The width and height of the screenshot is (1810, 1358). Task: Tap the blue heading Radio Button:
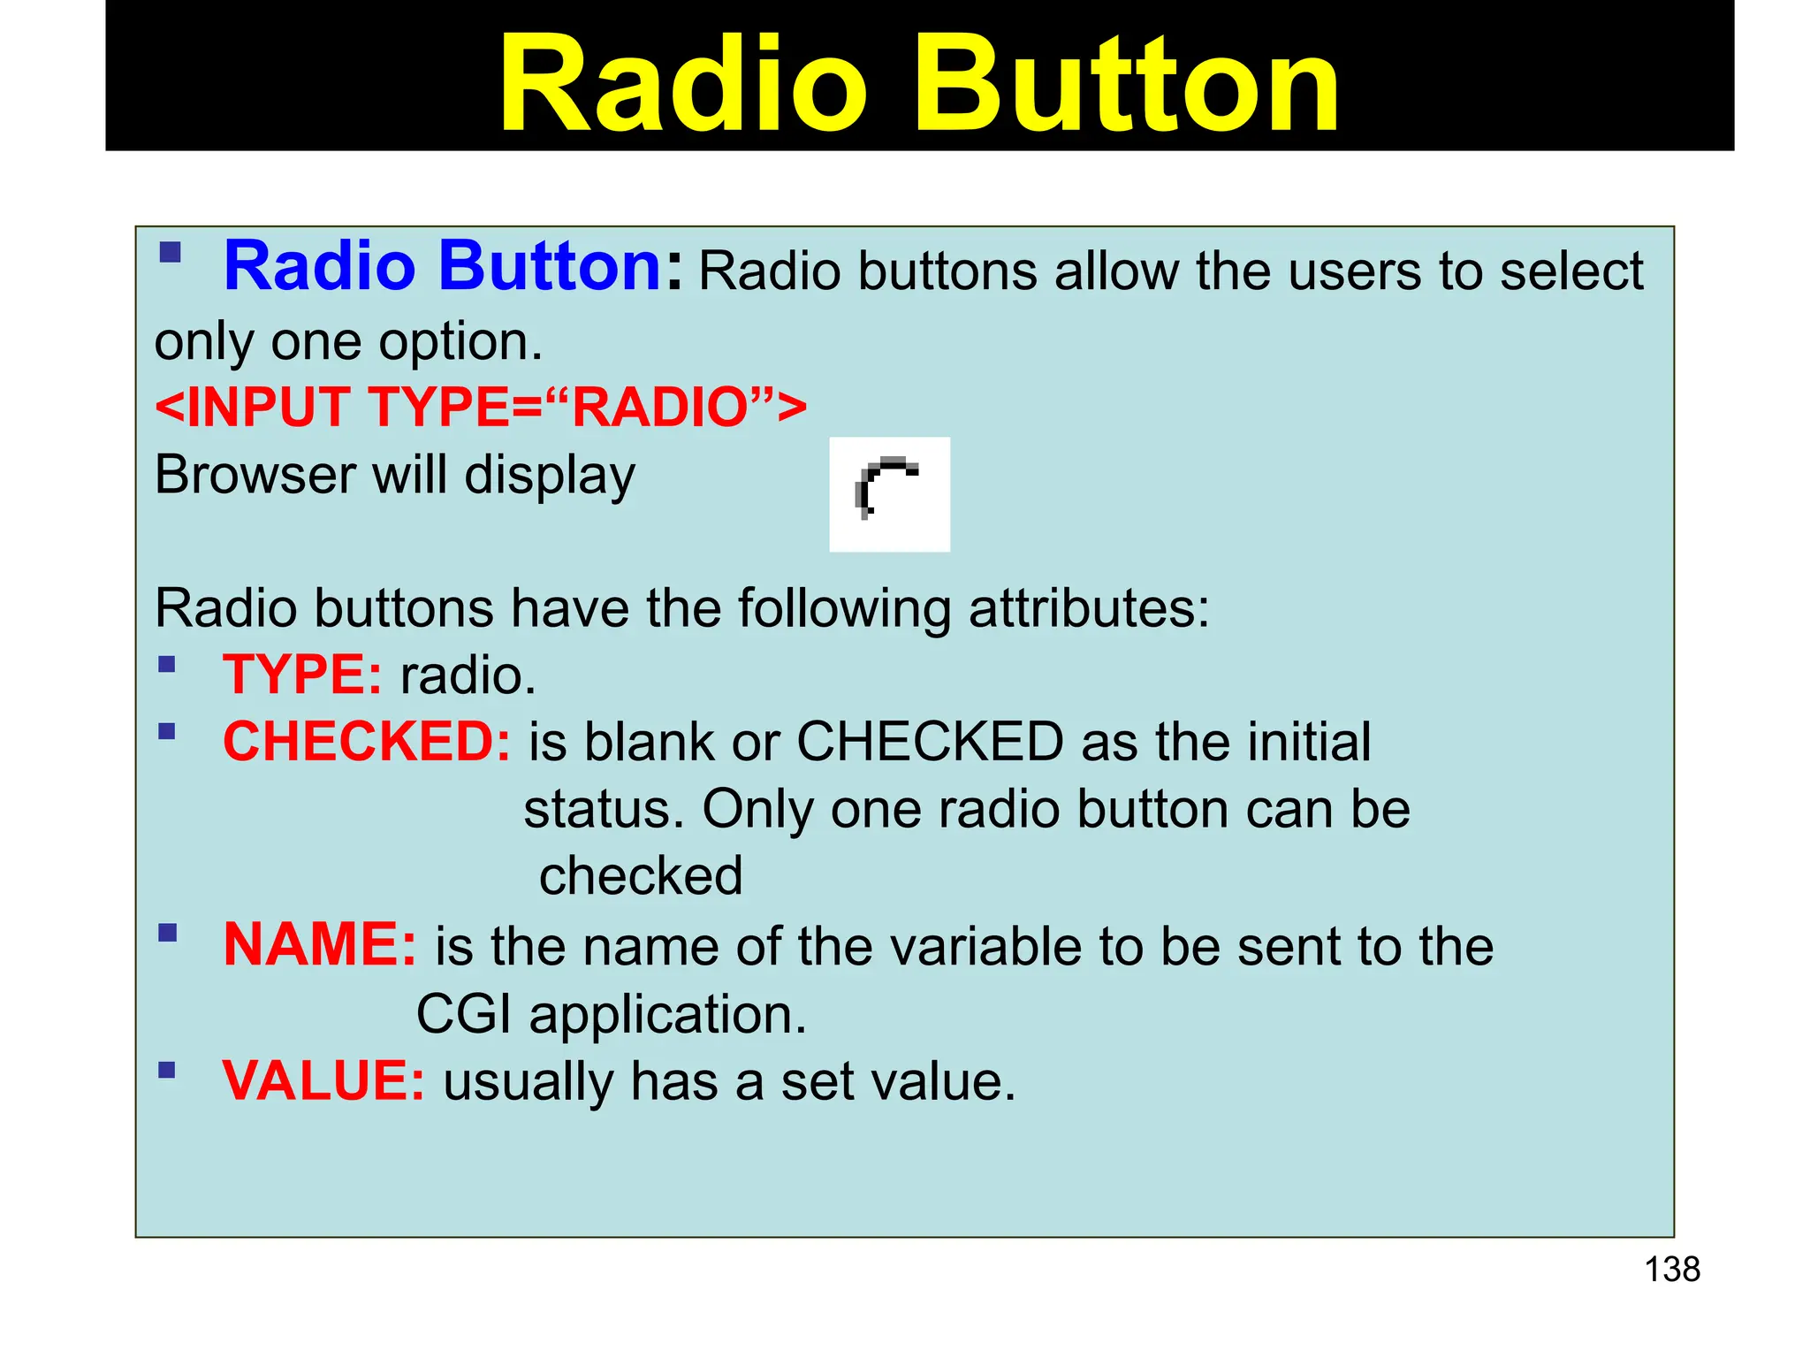click(x=451, y=266)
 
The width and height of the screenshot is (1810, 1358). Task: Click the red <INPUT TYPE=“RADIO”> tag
click(x=480, y=408)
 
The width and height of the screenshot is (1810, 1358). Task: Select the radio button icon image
click(x=889, y=494)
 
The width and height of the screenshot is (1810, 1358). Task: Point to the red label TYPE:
click(x=302, y=675)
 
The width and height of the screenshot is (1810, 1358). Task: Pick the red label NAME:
click(x=319, y=945)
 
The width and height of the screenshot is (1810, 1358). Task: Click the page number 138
click(x=1671, y=1270)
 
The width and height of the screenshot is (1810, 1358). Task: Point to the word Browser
click(x=255, y=475)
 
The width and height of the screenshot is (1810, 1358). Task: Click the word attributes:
click(x=1089, y=609)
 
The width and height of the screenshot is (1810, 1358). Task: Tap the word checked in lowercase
click(x=641, y=876)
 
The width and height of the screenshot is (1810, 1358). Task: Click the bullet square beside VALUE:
click(x=167, y=1071)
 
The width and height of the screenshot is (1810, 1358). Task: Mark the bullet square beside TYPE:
click(x=167, y=664)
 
